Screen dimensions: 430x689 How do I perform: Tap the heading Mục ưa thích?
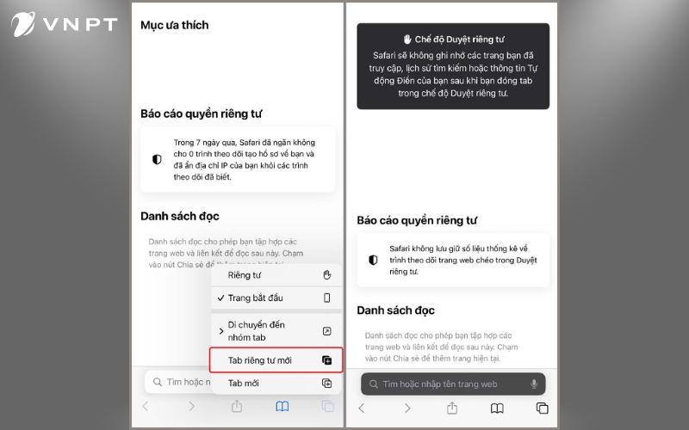pyautogui.click(x=174, y=25)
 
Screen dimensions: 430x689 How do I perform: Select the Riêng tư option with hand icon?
pyautogui.click(x=245, y=275)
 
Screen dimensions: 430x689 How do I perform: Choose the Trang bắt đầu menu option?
pyautogui.click(x=255, y=298)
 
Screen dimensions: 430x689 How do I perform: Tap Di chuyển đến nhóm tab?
pyautogui.click(x=256, y=330)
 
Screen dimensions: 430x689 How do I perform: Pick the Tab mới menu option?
pyautogui.click(x=243, y=383)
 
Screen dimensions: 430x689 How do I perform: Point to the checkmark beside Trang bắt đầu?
pyautogui.click(x=220, y=298)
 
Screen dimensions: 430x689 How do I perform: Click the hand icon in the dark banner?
pyautogui.click(x=408, y=40)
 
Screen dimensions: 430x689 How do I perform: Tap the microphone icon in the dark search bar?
pyautogui.click(x=534, y=384)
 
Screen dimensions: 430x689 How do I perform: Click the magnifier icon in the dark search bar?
pyautogui.click(x=373, y=384)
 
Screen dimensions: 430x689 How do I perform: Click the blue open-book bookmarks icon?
pyautogui.click(x=282, y=407)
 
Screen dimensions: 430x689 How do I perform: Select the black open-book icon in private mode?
pyautogui.click(x=497, y=408)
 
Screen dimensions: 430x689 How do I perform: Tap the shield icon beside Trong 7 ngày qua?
pyautogui.click(x=157, y=159)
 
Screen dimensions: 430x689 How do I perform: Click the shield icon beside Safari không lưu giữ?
pyautogui.click(x=373, y=259)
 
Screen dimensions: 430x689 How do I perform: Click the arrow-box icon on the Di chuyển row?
pyautogui.click(x=326, y=331)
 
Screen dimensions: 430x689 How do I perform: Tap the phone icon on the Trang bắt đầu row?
pyautogui.click(x=326, y=298)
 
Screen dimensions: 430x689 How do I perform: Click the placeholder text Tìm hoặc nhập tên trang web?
pyautogui.click(x=440, y=384)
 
